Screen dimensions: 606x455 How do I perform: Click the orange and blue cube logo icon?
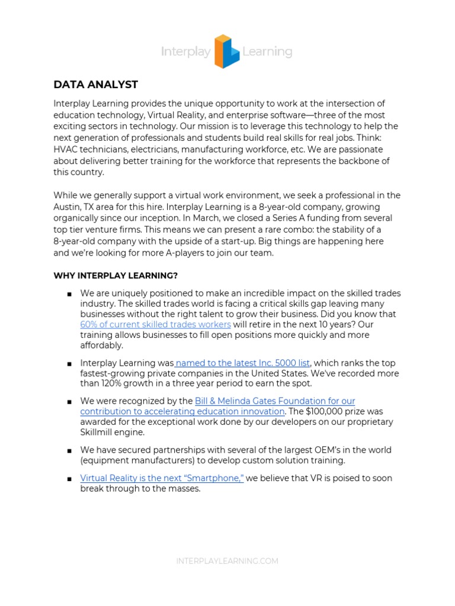point(226,51)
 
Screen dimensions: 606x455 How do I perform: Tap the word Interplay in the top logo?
point(185,52)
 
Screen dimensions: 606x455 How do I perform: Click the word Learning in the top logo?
point(267,52)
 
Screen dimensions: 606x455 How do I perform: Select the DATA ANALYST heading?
point(95,85)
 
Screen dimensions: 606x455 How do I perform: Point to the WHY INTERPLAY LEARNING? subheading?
point(116,275)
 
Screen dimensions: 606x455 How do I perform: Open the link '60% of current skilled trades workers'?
point(155,324)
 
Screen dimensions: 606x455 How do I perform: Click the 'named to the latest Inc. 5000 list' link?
point(243,363)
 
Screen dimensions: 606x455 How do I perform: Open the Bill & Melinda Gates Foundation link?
point(275,401)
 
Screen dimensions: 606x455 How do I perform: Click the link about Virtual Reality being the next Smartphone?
point(162,478)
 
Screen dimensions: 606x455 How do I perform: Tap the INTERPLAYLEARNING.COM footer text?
point(227,561)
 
